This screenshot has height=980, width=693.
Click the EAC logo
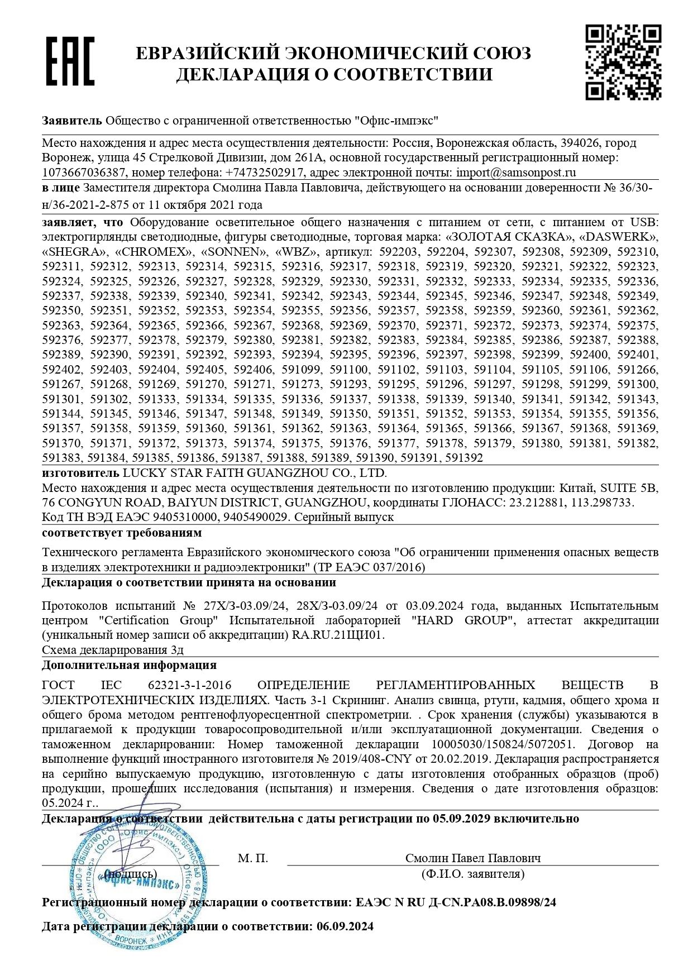(x=70, y=61)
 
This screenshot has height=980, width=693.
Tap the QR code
(x=623, y=62)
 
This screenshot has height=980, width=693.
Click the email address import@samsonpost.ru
(x=516, y=173)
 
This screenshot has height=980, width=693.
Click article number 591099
(x=301, y=370)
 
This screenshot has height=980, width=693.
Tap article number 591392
(x=463, y=458)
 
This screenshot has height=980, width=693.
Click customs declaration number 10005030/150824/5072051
(x=503, y=744)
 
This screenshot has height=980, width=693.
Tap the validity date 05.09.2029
(x=461, y=819)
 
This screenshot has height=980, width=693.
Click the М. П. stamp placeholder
(x=253, y=858)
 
